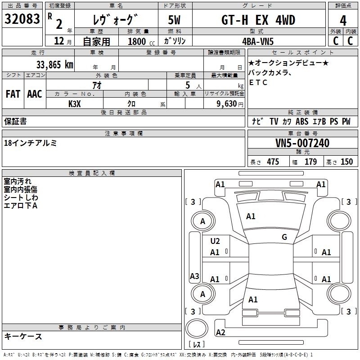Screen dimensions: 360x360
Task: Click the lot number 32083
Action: tap(22, 19)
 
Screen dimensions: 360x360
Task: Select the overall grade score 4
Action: tap(343, 21)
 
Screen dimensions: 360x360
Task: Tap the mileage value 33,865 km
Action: tap(54, 65)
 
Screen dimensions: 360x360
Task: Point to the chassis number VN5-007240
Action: tap(302, 143)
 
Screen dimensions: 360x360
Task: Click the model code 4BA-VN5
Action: tap(258, 41)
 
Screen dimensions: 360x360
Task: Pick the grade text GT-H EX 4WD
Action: tap(258, 20)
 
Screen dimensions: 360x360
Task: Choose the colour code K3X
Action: tap(75, 104)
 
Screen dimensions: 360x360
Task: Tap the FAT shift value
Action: tap(13, 94)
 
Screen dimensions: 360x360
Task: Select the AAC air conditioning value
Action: tap(35, 94)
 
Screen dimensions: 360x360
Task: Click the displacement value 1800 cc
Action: tap(141, 41)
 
